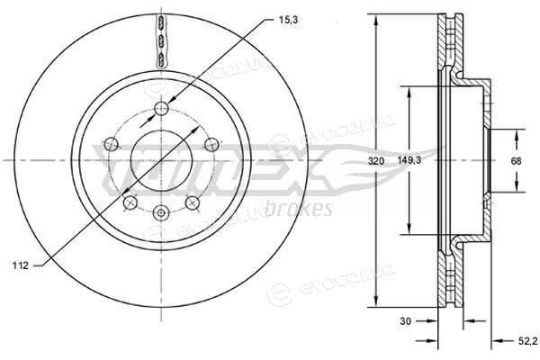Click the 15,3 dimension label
click(288, 21)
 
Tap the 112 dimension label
click(21, 265)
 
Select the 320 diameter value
click(375, 161)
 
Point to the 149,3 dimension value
click(409, 160)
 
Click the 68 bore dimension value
click(516, 161)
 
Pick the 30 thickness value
click(405, 321)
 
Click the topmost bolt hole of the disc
click(161, 109)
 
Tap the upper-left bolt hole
click(111, 144)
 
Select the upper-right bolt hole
click(211, 144)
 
